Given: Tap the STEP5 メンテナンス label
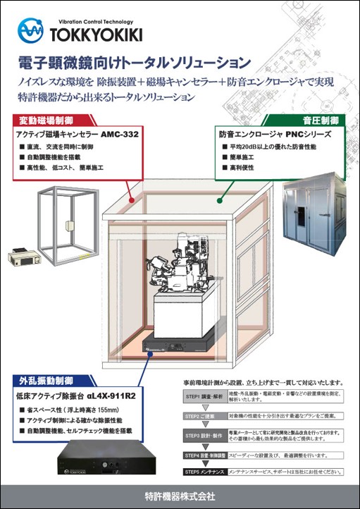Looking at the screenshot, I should (206, 470).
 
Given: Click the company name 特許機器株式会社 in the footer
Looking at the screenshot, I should (180, 496).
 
